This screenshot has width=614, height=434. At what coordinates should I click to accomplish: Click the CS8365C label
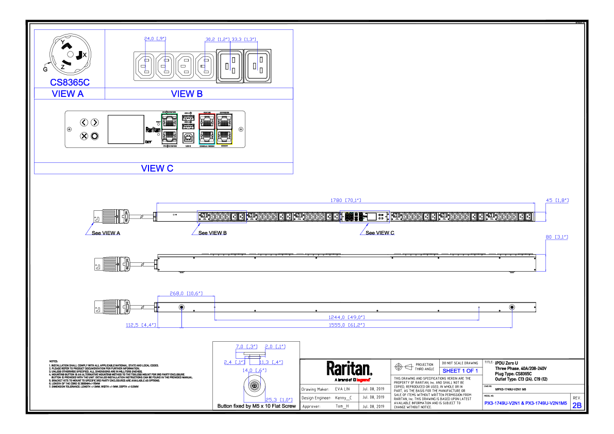pyautogui.click(x=70, y=82)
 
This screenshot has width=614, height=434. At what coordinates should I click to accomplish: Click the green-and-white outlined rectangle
pyautogui.click(x=169, y=129)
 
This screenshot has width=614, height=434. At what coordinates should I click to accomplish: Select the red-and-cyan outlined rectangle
pyautogui.click(x=207, y=129)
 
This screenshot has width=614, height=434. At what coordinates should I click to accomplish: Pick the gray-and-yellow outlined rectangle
pyautogui.click(x=224, y=129)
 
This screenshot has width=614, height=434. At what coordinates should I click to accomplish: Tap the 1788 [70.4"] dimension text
pyautogui.click(x=345, y=200)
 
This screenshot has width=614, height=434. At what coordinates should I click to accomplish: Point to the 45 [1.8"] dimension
pyautogui.click(x=557, y=200)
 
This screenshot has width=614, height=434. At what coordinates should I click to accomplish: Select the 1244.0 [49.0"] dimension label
pyautogui.click(x=346, y=318)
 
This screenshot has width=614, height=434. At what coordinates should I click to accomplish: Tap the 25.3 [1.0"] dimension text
pyautogui.click(x=279, y=399)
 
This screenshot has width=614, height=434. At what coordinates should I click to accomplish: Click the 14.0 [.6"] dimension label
pyautogui.click(x=254, y=370)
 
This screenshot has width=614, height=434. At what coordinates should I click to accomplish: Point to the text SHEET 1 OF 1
pyautogui.click(x=460, y=371)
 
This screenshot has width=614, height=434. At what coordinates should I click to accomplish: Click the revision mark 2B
pyautogui.click(x=577, y=406)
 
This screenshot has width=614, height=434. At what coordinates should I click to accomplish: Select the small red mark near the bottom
pyautogui.click(x=363, y=380)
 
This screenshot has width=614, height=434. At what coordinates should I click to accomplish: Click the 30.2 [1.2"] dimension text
pyautogui.click(x=217, y=39)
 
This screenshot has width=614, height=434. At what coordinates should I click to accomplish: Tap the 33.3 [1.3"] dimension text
pyautogui.click(x=243, y=39)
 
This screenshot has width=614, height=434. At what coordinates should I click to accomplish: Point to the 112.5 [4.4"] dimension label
pyautogui.click(x=141, y=325)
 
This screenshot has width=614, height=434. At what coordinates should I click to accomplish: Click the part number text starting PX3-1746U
pyautogui.click(x=525, y=403)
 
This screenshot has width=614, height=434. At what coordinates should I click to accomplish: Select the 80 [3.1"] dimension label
pyautogui.click(x=557, y=237)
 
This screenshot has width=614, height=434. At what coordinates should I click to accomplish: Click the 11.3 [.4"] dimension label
pyautogui.click(x=271, y=362)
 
